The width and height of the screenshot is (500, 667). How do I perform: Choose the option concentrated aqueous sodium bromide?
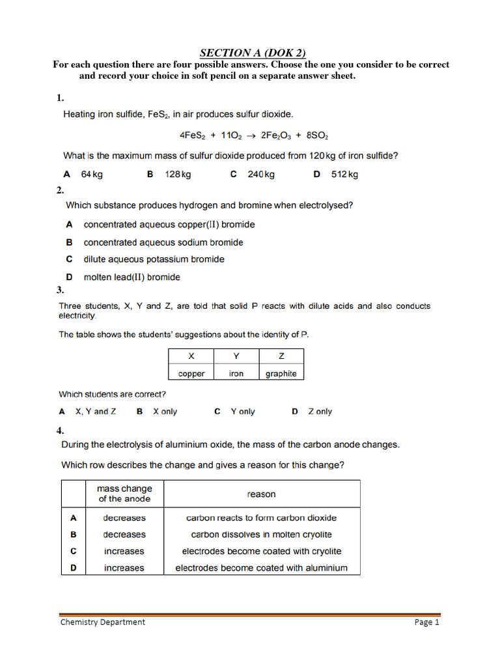pyautogui.click(x=163, y=242)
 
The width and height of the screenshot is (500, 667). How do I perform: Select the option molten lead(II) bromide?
pyautogui.click(x=132, y=277)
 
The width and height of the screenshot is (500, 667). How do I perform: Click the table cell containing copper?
pyautogui.click(x=191, y=373)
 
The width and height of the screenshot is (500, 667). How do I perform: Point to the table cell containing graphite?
pyautogui.click(x=281, y=373)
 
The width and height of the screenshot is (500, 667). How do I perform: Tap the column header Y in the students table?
pyautogui.click(x=236, y=356)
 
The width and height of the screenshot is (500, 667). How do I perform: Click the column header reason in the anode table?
pyautogui.click(x=261, y=494)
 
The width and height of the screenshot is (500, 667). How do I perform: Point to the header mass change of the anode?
pyautogui.click(x=124, y=494)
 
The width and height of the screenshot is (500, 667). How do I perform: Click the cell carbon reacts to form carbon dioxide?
pyautogui.click(x=261, y=518)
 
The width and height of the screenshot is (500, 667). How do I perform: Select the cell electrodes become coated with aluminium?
pyautogui.click(x=261, y=568)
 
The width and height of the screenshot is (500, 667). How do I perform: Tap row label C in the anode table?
pyautogui.click(x=74, y=551)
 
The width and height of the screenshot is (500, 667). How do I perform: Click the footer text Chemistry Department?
pyautogui.click(x=103, y=622)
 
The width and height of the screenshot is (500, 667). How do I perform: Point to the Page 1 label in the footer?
pyautogui.click(x=427, y=622)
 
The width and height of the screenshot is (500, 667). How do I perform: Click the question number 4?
pyautogui.click(x=60, y=431)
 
